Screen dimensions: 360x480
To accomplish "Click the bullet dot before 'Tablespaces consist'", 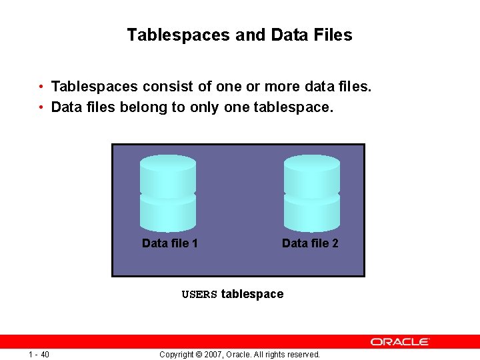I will tap(41, 87).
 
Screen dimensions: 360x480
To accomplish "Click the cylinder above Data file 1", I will tap(168, 193).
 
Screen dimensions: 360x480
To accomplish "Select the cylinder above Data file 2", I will tap(311, 193).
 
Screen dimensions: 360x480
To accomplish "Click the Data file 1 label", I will tap(170, 243).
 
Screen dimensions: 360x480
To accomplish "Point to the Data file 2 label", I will tap(310, 243).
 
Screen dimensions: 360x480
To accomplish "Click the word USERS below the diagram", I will tap(199, 295).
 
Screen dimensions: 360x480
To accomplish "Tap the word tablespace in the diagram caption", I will tap(252, 294).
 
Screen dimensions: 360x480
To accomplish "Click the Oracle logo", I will tap(400, 341).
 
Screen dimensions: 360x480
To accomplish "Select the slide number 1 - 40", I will tap(39, 354).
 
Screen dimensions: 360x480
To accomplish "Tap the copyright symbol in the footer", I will tap(191, 355).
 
